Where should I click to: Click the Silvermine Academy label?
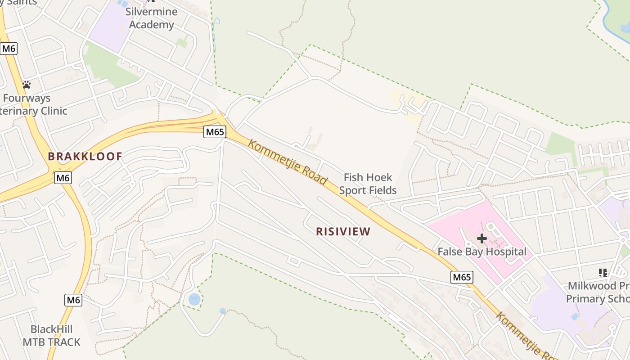tap(151, 18)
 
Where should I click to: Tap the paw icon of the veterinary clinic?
tap(27, 84)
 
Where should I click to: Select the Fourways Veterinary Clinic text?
tap(31, 104)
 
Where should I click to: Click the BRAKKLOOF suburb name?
tap(85, 157)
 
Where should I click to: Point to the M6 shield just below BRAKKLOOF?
tap(63, 178)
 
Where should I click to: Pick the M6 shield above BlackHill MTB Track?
tap(73, 300)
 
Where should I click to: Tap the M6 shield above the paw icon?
tap(9, 49)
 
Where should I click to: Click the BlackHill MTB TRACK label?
tap(51, 336)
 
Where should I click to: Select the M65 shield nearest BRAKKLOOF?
tap(215, 132)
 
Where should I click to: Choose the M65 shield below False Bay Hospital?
tap(462, 277)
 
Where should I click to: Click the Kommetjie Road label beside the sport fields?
tap(288, 162)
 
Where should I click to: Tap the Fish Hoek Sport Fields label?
tap(368, 184)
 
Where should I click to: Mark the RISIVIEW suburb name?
tap(343, 232)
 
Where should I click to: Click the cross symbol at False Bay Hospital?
tap(482, 238)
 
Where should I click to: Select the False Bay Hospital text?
tap(482, 252)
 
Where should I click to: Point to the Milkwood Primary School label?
tap(598, 292)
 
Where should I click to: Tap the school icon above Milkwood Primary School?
tap(603, 272)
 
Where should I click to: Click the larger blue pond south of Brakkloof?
tap(194, 299)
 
